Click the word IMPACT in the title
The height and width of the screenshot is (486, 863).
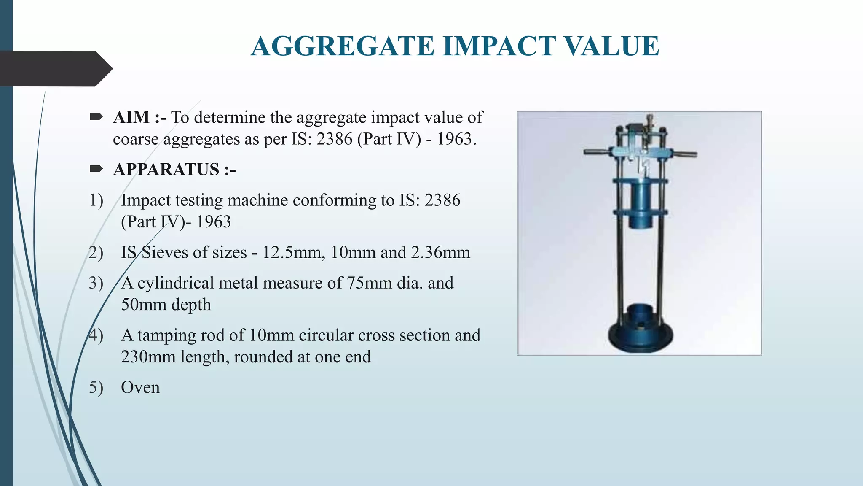click(x=499, y=46)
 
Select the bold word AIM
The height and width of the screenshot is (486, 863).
click(x=131, y=117)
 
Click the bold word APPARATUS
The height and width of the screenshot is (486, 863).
click(x=166, y=170)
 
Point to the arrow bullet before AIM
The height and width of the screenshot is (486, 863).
click(x=96, y=117)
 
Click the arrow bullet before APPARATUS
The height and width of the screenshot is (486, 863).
click(x=96, y=169)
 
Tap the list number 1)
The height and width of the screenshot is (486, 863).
click(x=96, y=200)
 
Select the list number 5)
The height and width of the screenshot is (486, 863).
click(x=96, y=387)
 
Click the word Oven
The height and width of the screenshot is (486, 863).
click(x=140, y=387)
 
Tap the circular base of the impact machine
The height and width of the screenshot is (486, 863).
click(x=640, y=335)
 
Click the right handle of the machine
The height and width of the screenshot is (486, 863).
click(x=685, y=154)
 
